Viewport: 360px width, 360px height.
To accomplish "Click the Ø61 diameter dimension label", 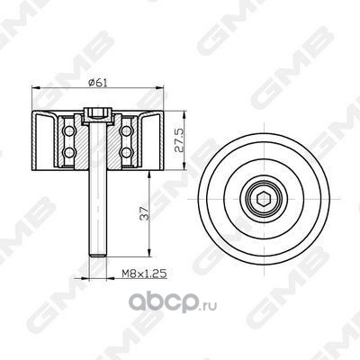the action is [98, 82].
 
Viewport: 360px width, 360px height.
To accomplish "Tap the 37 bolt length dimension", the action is [144, 213].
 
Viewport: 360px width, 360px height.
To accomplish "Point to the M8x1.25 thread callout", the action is [144, 274].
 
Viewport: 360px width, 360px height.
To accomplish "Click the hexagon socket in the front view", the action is [264, 199].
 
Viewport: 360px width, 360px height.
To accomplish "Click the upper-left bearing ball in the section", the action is [69, 130].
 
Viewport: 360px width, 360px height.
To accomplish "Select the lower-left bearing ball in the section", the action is [69, 152].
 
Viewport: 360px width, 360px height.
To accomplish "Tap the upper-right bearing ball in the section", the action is [126, 130].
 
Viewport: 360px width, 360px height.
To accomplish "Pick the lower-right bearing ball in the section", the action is [126, 152].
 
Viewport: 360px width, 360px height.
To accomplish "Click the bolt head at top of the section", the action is [98, 115].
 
